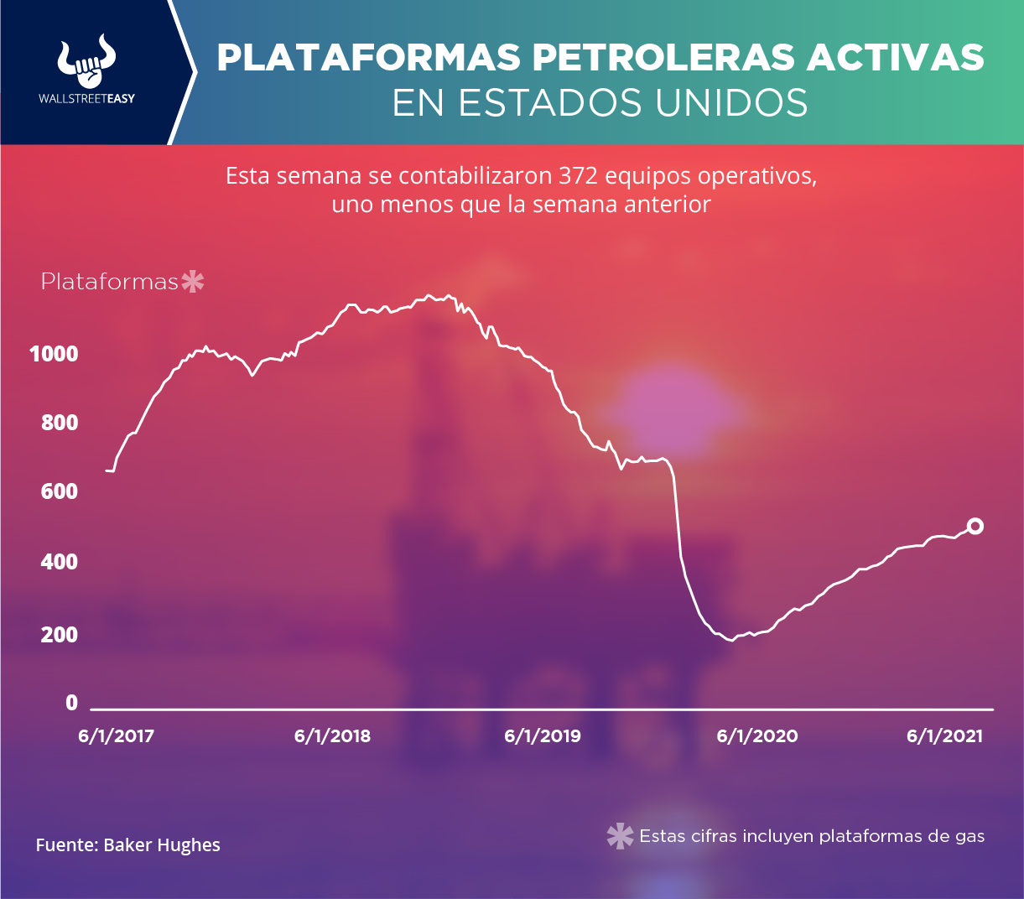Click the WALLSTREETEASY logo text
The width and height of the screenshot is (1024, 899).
click(x=87, y=99)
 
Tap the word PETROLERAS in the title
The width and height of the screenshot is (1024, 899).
click(x=663, y=57)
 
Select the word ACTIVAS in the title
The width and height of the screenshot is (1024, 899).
click(x=895, y=57)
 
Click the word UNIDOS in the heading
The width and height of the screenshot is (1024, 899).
click(x=731, y=103)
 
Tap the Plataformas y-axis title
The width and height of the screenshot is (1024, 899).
click(x=109, y=282)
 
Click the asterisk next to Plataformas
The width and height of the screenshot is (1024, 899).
click(x=193, y=282)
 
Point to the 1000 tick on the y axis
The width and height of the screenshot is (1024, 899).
click(x=54, y=354)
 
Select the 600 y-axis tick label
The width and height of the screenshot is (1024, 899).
click(x=60, y=491)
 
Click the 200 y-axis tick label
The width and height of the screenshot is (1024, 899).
click(x=60, y=635)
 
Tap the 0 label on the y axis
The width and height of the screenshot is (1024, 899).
click(x=72, y=703)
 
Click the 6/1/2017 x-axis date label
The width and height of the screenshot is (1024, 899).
click(x=116, y=735)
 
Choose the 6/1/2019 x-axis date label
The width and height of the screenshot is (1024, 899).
click(x=543, y=735)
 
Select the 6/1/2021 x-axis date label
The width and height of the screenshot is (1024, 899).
click(x=944, y=735)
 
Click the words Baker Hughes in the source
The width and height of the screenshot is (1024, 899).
click(x=162, y=845)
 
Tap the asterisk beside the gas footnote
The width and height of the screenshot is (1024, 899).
click(x=620, y=836)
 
